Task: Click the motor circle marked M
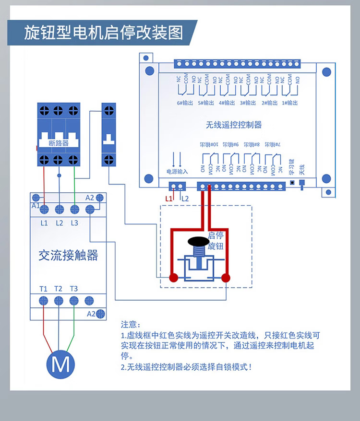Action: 60,364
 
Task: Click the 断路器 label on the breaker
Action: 59,143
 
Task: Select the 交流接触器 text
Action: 68,255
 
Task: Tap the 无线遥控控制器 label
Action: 234,125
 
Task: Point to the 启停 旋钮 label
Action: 216,241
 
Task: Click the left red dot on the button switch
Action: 173,277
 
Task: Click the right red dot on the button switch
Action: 226,277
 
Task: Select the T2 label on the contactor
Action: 59,289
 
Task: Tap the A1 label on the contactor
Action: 35,205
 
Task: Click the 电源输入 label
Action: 177,171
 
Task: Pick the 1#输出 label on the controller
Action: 290,103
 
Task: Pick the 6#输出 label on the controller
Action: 185,103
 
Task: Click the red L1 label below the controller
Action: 168,198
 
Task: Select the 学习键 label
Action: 291,166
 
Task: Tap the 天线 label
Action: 302,169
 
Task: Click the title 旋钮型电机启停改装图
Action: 104,33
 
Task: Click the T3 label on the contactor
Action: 73,289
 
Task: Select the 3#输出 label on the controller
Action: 248,103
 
